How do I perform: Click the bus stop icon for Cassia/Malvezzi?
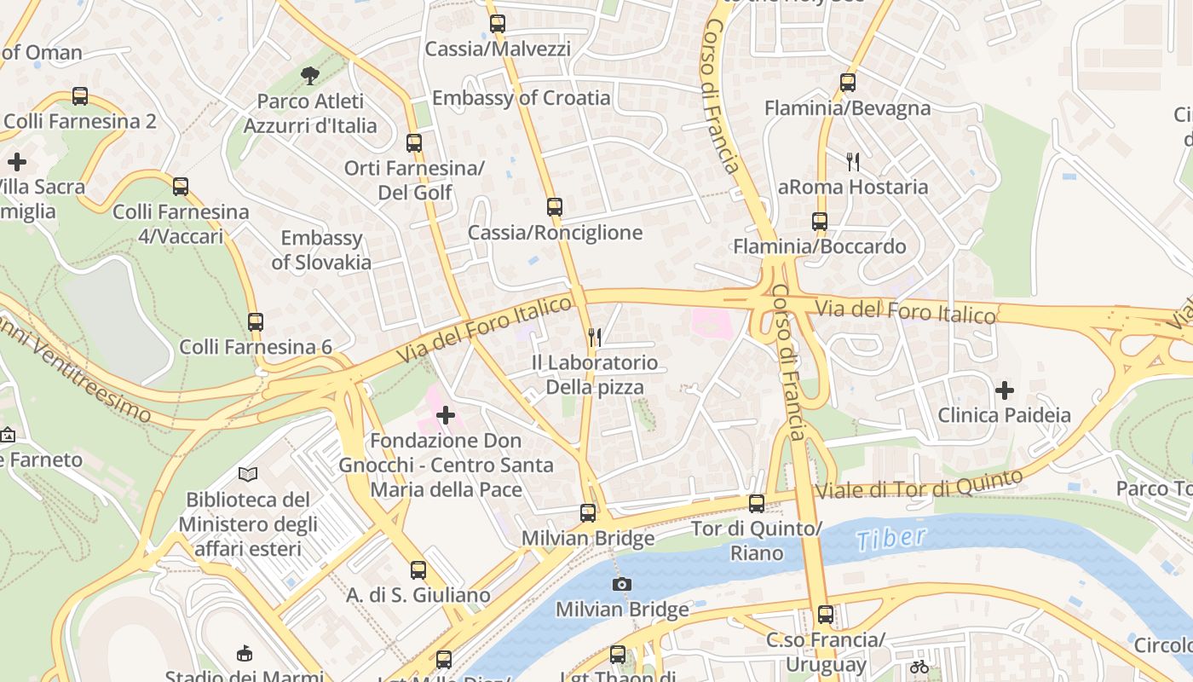pyautogui.click(x=498, y=24)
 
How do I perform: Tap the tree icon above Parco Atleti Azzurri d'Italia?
pyautogui.click(x=309, y=76)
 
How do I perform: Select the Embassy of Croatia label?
pyautogui.click(x=521, y=98)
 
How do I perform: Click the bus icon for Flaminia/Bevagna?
pyautogui.click(x=847, y=83)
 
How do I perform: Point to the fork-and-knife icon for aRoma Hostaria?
pyautogui.click(x=853, y=162)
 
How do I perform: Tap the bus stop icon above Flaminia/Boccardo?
pyautogui.click(x=819, y=222)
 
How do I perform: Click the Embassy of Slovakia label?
pyautogui.click(x=321, y=250)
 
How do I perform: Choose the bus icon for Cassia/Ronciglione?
pyautogui.click(x=555, y=207)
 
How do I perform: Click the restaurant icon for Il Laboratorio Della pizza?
pyautogui.click(x=595, y=338)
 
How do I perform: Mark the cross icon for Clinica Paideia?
pyautogui.click(x=1005, y=390)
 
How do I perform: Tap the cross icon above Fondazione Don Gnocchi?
pyautogui.click(x=446, y=415)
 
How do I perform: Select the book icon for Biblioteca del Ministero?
pyautogui.click(x=248, y=474)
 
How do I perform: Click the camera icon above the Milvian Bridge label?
pyautogui.click(x=622, y=584)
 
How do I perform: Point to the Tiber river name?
pyautogui.click(x=890, y=538)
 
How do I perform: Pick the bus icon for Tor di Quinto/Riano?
pyautogui.click(x=756, y=504)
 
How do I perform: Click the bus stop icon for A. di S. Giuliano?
pyautogui.click(x=418, y=570)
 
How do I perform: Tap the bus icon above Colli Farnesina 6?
pyautogui.click(x=255, y=322)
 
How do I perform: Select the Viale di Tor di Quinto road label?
pyautogui.click(x=919, y=483)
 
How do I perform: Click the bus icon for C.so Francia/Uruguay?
pyautogui.click(x=825, y=615)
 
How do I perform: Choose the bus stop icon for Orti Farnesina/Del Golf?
pyautogui.click(x=414, y=143)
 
